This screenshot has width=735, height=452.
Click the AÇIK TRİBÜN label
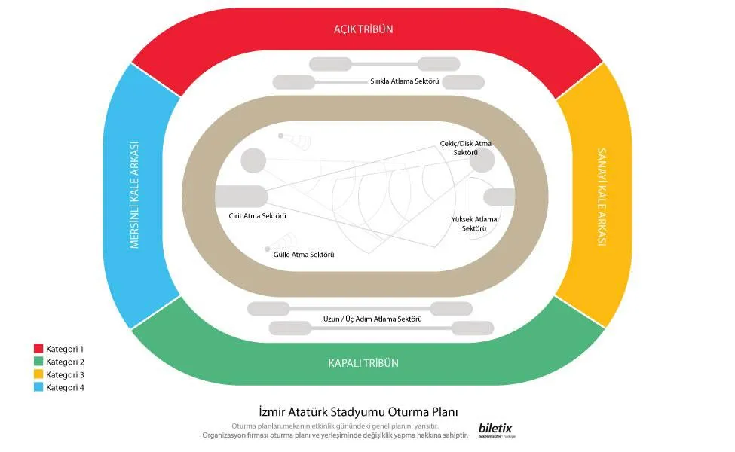tap(363, 29)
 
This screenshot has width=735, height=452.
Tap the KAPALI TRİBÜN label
tap(363, 363)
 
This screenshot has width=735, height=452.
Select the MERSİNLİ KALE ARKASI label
tap(134, 195)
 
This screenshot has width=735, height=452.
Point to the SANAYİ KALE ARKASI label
tap(602, 197)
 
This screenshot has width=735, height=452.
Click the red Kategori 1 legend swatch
tap(38, 349)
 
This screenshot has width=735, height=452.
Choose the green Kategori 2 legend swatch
tap(38, 361)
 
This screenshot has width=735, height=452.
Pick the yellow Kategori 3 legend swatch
tap(38, 374)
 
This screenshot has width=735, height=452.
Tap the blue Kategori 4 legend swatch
tap(38, 387)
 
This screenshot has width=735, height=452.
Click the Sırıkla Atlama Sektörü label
tap(405, 81)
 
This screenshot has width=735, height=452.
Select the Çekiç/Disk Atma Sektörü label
tap(465, 148)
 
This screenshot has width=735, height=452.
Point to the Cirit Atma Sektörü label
tap(257, 216)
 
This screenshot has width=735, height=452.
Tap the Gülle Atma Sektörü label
tap(304, 255)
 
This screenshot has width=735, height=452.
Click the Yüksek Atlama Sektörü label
tap(474, 224)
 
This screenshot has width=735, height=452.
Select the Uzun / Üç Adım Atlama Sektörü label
tap(372, 319)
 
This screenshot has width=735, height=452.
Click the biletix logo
tap(496, 430)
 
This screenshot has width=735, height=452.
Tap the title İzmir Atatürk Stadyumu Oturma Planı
tap(359, 412)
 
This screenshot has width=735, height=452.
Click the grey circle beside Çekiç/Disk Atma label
tap(482, 160)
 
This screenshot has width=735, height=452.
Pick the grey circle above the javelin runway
tap(253, 160)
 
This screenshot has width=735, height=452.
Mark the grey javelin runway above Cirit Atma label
tap(241, 197)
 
